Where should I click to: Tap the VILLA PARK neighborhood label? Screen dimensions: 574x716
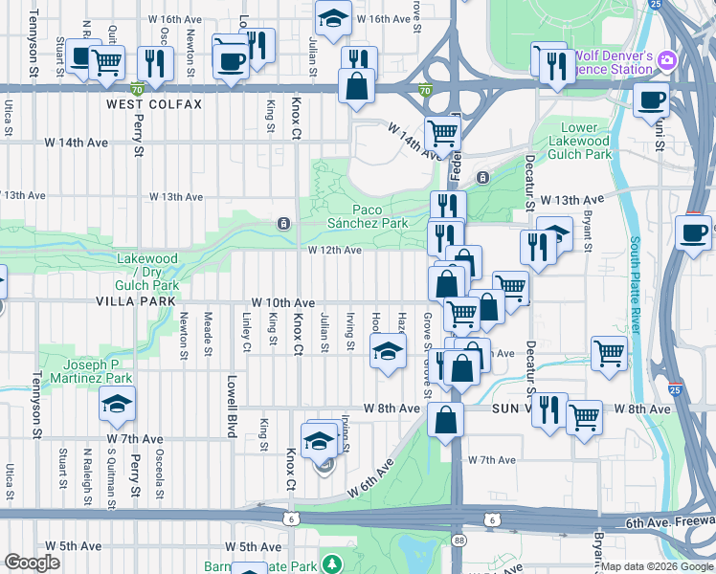point(136,300)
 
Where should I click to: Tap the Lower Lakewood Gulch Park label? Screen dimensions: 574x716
point(578,141)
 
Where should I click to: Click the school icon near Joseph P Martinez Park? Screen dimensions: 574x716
point(117,405)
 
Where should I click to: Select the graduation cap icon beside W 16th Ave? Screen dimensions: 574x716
point(333,20)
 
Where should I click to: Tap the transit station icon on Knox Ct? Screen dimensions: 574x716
point(283,224)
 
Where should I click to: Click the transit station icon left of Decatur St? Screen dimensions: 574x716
point(482,177)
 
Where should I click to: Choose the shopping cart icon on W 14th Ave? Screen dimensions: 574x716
point(441,132)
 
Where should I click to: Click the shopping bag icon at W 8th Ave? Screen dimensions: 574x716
point(446,419)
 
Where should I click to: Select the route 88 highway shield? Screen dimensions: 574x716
point(458,541)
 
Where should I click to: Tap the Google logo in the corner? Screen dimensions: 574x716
point(33,563)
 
